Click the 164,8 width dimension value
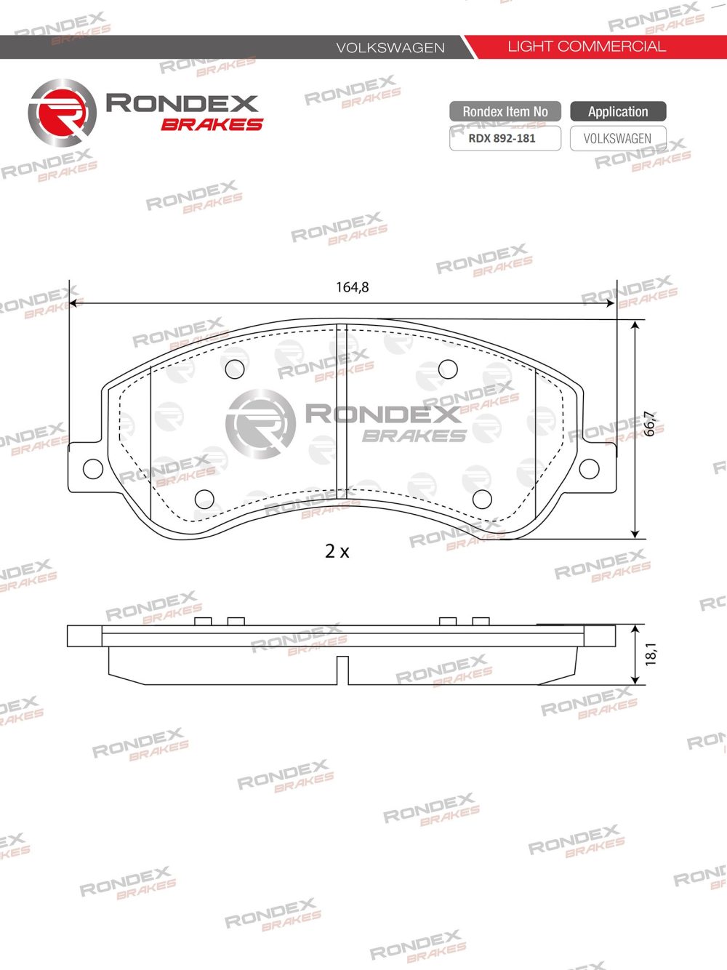pos(352,287)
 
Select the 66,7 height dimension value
pos(651,424)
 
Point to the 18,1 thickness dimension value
pos(651,653)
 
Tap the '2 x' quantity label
pos(337,552)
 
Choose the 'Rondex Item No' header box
pos(505,111)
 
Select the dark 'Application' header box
pos(618,111)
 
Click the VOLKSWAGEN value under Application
pos(618,138)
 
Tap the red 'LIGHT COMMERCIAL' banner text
pos(586,47)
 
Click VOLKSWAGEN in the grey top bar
pos(390,48)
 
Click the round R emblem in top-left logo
pos(62,113)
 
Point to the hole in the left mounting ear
pos(92,469)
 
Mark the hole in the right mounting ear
pos(589,469)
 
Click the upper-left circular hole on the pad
pos(235,369)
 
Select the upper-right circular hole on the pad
pos(448,369)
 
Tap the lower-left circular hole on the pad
pos(204,499)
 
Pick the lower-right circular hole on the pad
pos(482,499)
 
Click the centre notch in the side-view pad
pos(342,669)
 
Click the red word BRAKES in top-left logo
pos(212,124)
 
